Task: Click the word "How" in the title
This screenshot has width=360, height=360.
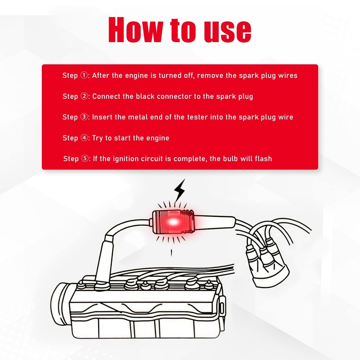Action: pos(135,30)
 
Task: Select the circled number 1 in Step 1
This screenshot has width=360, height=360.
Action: pos(84,75)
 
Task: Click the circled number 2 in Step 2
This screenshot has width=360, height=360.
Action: pos(84,96)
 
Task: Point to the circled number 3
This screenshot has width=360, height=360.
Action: pos(84,117)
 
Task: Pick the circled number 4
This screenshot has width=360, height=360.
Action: pos(84,138)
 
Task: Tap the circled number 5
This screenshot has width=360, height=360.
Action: pos(85,158)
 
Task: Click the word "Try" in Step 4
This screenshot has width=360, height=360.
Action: pos(97,138)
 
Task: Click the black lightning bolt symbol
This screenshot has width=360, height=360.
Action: pos(179,190)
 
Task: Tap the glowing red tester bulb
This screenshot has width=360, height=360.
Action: pos(173,222)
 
